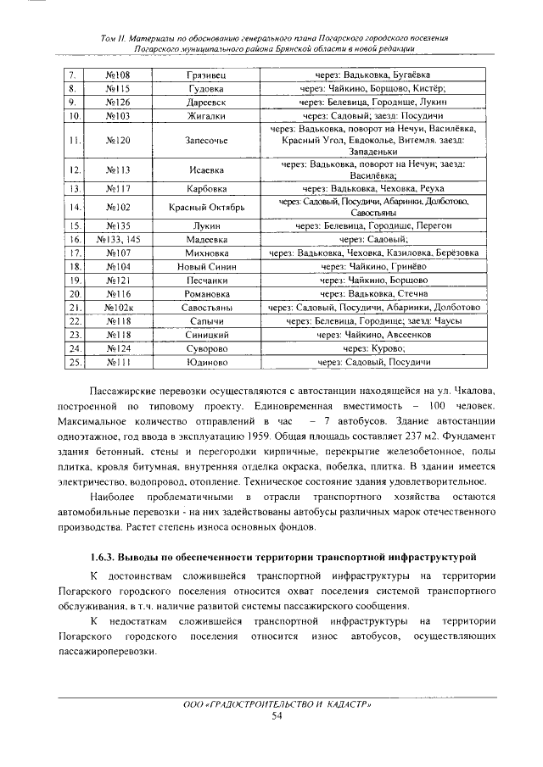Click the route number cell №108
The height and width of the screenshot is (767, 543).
(117, 75)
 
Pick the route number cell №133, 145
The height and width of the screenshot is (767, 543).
(117, 239)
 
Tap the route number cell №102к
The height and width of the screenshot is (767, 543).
(117, 307)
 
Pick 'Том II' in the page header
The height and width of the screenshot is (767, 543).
(113, 39)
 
